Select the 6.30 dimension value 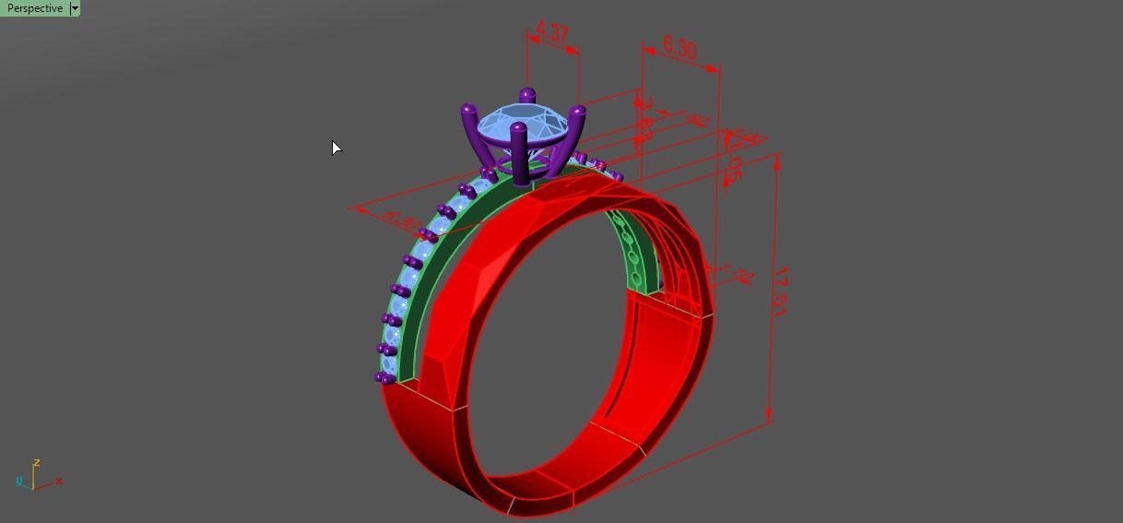pyautogui.click(x=680, y=48)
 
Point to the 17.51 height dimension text pyautogui.click(x=779, y=292)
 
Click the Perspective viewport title pyautogui.click(x=35, y=8)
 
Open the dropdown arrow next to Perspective pyautogui.click(x=75, y=8)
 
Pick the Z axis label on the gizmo pyautogui.click(x=36, y=463)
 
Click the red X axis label pyautogui.click(x=59, y=481)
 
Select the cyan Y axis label pyautogui.click(x=19, y=481)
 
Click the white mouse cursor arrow pyautogui.click(x=337, y=148)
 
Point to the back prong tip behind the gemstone pyautogui.click(x=527, y=94)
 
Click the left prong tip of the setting pyautogui.click(x=467, y=110)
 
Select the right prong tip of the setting pyautogui.click(x=578, y=112)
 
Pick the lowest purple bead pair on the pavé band pyautogui.click(x=385, y=377)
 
